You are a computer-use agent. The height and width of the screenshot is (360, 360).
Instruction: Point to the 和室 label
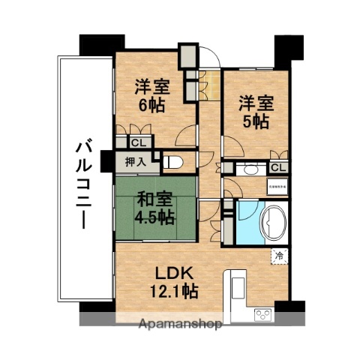click(x=153, y=200)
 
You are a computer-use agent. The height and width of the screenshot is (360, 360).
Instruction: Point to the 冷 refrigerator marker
click(x=279, y=255)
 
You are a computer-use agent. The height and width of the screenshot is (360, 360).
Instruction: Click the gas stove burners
click(x=264, y=313)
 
